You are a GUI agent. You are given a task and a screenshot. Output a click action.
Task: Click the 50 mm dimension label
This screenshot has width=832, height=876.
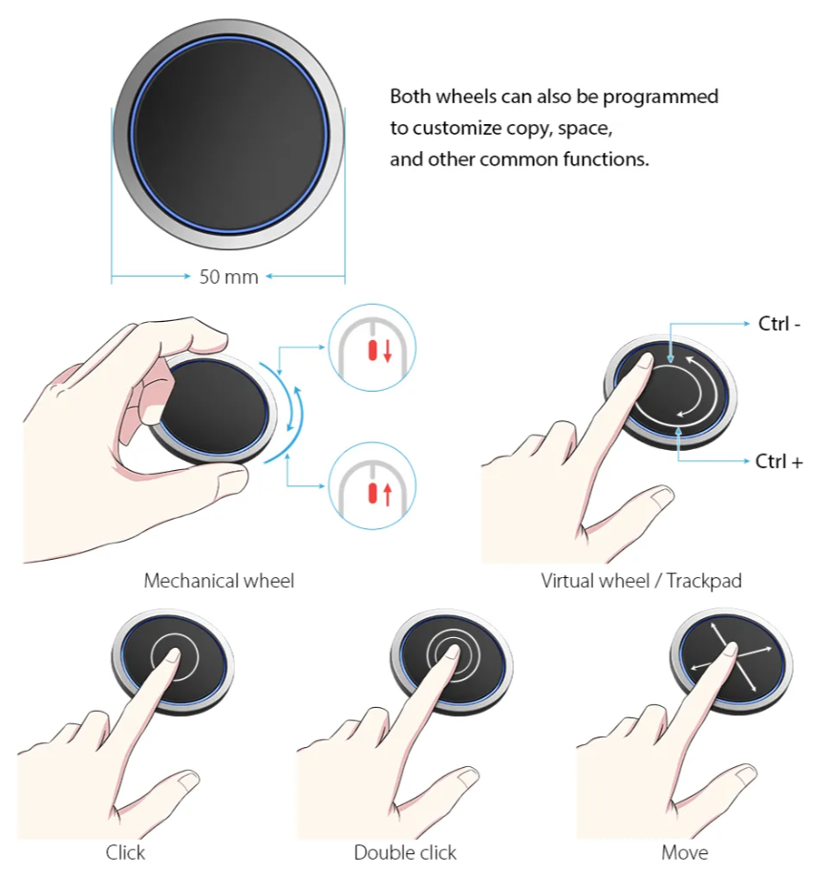(228, 276)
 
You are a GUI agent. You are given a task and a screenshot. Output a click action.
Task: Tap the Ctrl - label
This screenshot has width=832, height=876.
(779, 324)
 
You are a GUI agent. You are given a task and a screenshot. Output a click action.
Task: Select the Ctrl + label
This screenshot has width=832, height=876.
(779, 461)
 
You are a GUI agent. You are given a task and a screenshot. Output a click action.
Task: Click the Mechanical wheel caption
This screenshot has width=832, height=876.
(219, 581)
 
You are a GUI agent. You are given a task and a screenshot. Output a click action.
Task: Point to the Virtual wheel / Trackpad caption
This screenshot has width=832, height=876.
(641, 581)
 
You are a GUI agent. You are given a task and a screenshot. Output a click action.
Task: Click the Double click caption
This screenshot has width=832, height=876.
(405, 852)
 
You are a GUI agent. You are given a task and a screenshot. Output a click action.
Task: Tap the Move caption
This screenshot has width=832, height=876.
(685, 852)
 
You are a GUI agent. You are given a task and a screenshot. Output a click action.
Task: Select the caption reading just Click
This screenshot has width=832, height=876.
(125, 852)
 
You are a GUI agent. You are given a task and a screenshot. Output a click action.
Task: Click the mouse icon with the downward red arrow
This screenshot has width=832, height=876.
(373, 348)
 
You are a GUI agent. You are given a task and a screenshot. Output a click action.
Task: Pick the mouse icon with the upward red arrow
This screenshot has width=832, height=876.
(373, 485)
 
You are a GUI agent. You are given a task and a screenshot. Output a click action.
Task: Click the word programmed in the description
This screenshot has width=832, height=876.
(660, 97)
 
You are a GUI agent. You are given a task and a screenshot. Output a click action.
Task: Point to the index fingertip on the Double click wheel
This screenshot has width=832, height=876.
(452, 653)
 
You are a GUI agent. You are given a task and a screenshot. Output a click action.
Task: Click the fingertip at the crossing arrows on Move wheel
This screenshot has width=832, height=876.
(731, 650)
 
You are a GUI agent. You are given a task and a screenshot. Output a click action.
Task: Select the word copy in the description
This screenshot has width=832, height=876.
(526, 130)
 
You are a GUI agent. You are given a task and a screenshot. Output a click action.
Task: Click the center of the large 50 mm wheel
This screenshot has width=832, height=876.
(228, 134)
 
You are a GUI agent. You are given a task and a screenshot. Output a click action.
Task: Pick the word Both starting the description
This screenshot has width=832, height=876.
(411, 96)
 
